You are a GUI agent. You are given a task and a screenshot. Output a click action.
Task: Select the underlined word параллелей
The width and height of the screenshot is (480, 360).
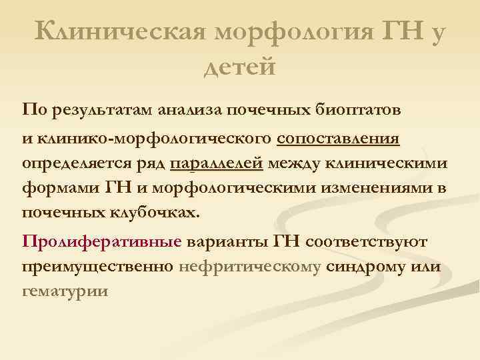[217, 164]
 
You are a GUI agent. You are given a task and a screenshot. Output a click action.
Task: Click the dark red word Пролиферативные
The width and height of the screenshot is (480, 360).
[101, 242]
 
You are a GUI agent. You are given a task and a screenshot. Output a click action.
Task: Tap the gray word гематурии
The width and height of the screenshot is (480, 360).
[65, 291]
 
